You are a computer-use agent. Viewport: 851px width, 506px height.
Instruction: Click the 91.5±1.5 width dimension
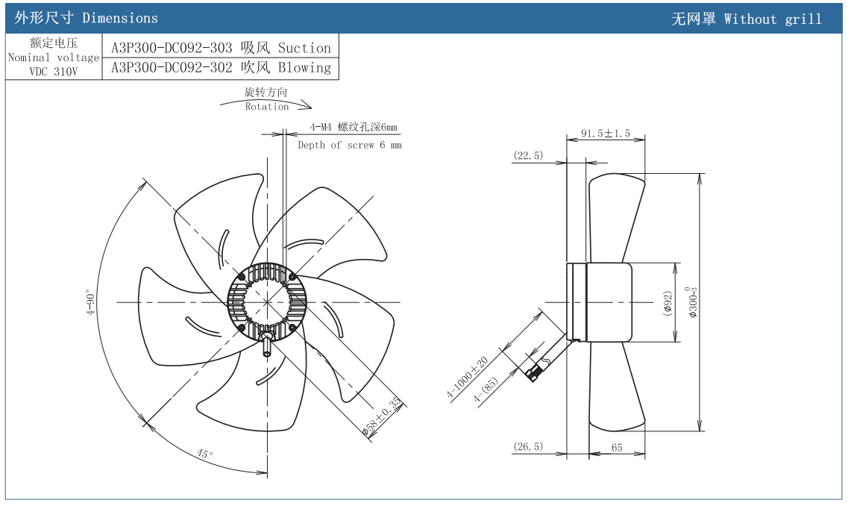point(606,134)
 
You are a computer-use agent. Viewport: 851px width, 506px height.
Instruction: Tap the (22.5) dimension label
point(528,155)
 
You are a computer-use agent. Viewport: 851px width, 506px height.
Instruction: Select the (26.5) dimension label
point(528,447)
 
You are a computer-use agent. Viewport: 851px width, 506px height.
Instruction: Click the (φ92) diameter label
point(668,303)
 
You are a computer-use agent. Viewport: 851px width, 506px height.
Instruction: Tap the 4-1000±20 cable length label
point(468,378)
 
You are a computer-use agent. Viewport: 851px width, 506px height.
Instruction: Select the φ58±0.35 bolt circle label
point(383,416)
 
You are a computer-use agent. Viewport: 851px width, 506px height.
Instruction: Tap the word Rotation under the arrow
point(267,107)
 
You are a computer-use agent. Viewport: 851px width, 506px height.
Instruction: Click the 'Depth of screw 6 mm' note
point(349,145)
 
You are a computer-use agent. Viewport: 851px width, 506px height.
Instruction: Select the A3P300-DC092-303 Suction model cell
point(221,48)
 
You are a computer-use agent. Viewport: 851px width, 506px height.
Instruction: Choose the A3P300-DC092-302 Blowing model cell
point(221,68)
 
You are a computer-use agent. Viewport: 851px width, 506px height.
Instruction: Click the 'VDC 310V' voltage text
point(53,72)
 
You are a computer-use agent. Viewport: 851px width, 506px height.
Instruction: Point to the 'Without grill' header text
point(773,19)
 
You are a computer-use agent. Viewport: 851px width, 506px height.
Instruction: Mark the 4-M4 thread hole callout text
point(354,127)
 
